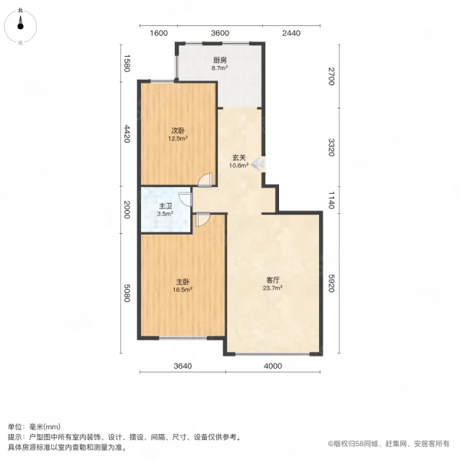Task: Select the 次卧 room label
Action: click(177, 130)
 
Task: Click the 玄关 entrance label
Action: click(239, 159)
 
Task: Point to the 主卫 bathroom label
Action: click(165, 206)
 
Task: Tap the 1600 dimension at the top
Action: click(158, 33)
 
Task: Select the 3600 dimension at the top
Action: click(220, 33)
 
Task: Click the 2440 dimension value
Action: click(291, 33)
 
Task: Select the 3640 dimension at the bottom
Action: click(182, 366)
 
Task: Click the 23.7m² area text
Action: click(274, 288)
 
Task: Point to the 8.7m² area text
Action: click(220, 67)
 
